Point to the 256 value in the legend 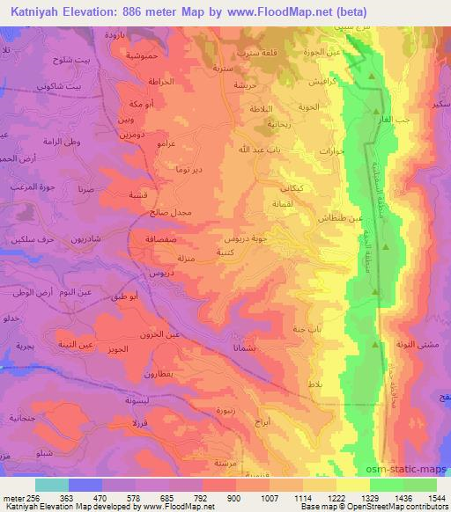(x=32, y=499)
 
